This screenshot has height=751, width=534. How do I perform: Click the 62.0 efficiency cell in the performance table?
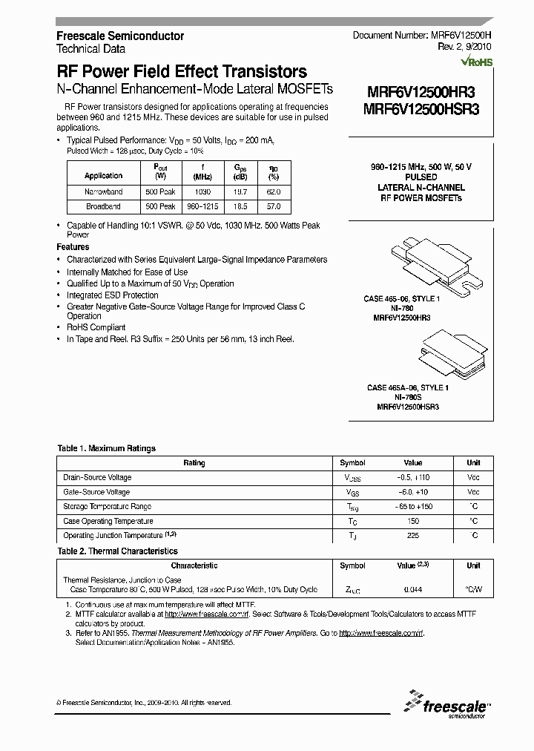[274, 191]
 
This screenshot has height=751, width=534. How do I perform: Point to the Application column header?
[103, 175]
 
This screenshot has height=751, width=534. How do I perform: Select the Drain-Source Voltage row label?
[97, 477]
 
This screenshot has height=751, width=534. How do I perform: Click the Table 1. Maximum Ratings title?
[106, 448]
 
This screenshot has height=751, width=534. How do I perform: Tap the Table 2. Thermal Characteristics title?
[117, 551]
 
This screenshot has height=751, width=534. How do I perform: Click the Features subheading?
[73, 247]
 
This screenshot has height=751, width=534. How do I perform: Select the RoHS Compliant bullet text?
[96, 327]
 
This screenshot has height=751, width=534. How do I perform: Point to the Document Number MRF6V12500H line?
[422, 36]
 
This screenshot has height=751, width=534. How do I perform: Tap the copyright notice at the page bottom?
[144, 702]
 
